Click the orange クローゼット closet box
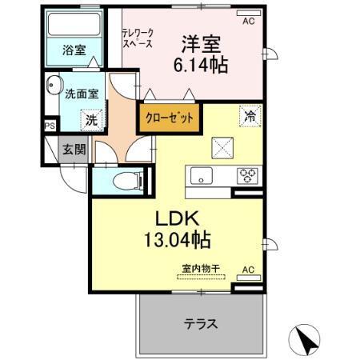[170, 118]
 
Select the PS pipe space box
[50, 125]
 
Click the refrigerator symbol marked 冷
[250, 116]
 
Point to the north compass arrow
[306, 340]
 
